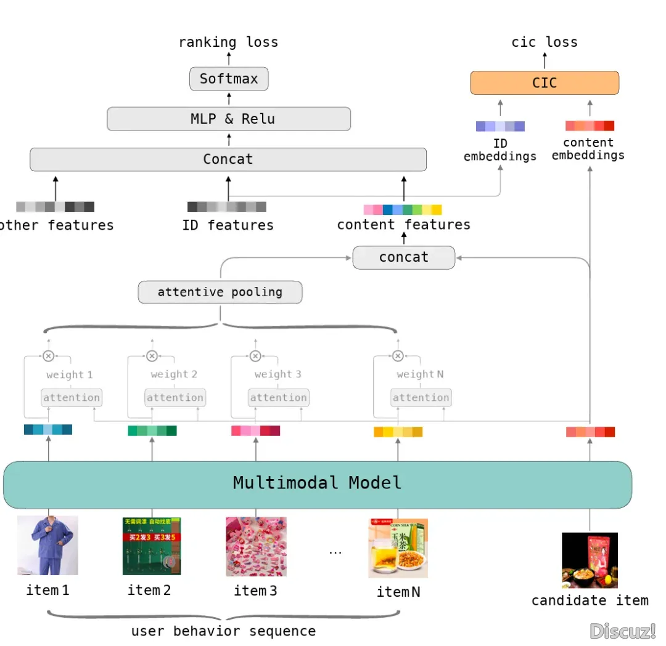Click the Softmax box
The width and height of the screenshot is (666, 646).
click(x=229, y=79)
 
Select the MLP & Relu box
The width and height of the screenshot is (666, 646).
click(x=229, y=119)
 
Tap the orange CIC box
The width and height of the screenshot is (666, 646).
click(x=545, y=83)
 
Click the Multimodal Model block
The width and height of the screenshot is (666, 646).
click(x=318, y=483)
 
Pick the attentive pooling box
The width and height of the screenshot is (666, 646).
click(x=220, y=293)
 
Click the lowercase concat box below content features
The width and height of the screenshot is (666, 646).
click(x=403, y=257)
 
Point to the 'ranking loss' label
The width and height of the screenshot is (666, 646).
click(x=228, y=42)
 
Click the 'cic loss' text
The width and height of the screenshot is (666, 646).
click(x=545, y=42)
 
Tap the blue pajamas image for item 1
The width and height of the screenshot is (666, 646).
click(x=47, y=546)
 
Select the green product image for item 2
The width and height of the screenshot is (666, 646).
click(x=152, y=546)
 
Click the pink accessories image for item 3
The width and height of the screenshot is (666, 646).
click(x=256, y=546)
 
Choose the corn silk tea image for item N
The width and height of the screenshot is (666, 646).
click(x=398, y=548)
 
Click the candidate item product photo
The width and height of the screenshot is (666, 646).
click(x=590, y=560)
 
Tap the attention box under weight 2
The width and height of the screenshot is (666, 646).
click(x=175, y=398)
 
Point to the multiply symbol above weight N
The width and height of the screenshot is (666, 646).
click(x=398, y=356)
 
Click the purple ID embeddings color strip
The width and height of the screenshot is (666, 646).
click(x=500, y=126)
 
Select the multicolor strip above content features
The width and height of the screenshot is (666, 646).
click(x=403, y=210)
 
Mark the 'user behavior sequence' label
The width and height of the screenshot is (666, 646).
click(x=223, y=631)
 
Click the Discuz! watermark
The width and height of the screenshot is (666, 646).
click(x=622, y=631)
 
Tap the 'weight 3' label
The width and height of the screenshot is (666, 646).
click(x=277, y=374)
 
